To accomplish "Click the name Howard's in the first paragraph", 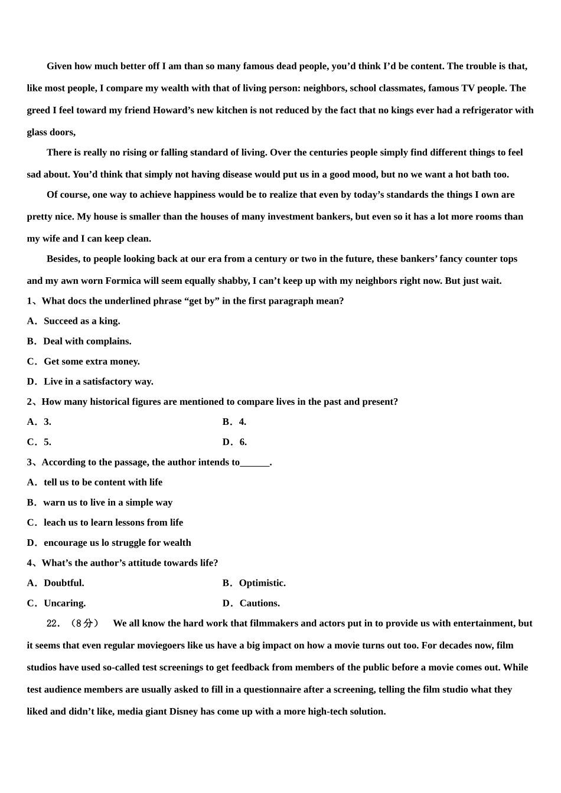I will (x=177, y=110).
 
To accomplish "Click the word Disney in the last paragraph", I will (x=184, y=712).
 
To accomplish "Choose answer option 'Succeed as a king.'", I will (x=81, y=322).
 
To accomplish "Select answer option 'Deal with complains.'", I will (x=87, y=342).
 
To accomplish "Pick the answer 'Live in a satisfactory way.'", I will (x=98, y=382).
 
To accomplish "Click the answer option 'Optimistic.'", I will (x=262, y=584).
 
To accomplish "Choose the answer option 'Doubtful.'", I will (x=64, y=584).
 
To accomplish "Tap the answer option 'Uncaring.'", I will (x=64, y=604).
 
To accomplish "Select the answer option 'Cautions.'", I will (x=259, y=604).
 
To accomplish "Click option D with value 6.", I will (x=243, y=443).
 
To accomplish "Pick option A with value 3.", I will (x=47, y=422).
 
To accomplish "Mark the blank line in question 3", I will (x=255, y=463).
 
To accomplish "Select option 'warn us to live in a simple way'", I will (x=107, y=503).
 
